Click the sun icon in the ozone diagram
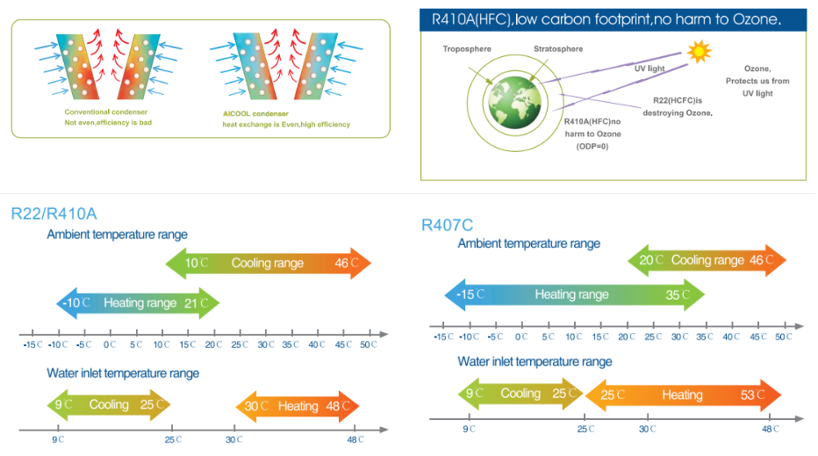[x=699, y=52]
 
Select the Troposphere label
[x=467, y=49]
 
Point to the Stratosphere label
[x=557, y=49]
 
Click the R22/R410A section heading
[x=54, y=214]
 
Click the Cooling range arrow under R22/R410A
[x=268, y=263]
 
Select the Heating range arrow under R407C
[x=572, y=294]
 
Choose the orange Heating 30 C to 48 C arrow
[x=298, y=406]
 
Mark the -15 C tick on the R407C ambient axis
[x=443, y=337]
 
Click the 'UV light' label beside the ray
[x=650, y=68]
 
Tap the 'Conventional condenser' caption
[x=105, y=112]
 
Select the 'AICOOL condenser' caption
[x=256, y=113]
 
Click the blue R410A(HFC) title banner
[x=613, y=19]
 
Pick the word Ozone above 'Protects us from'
[x=757, y=69]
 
